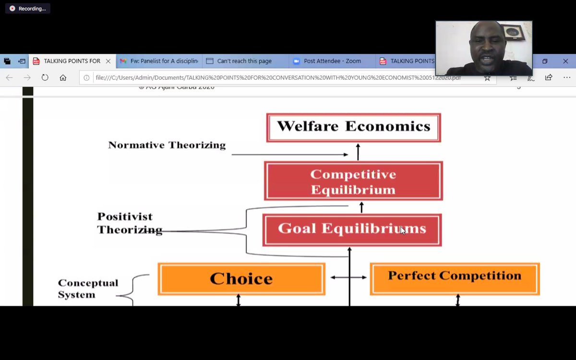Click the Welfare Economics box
point(353,127)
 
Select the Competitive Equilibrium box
point(353,181)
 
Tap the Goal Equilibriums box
point(352,229)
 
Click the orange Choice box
point(241,278)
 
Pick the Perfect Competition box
point(455,278)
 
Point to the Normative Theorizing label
point(167,145)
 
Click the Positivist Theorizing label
point(127,223)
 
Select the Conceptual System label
point(88,288)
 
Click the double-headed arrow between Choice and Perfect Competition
point(348,277)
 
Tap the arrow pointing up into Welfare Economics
point(358,152)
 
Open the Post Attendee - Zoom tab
point(332,61)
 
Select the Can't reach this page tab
point(244,61)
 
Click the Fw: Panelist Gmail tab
point(158,61)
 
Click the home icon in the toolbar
point(63,77)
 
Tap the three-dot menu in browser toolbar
point(566,77)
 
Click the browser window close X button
point(565,61)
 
